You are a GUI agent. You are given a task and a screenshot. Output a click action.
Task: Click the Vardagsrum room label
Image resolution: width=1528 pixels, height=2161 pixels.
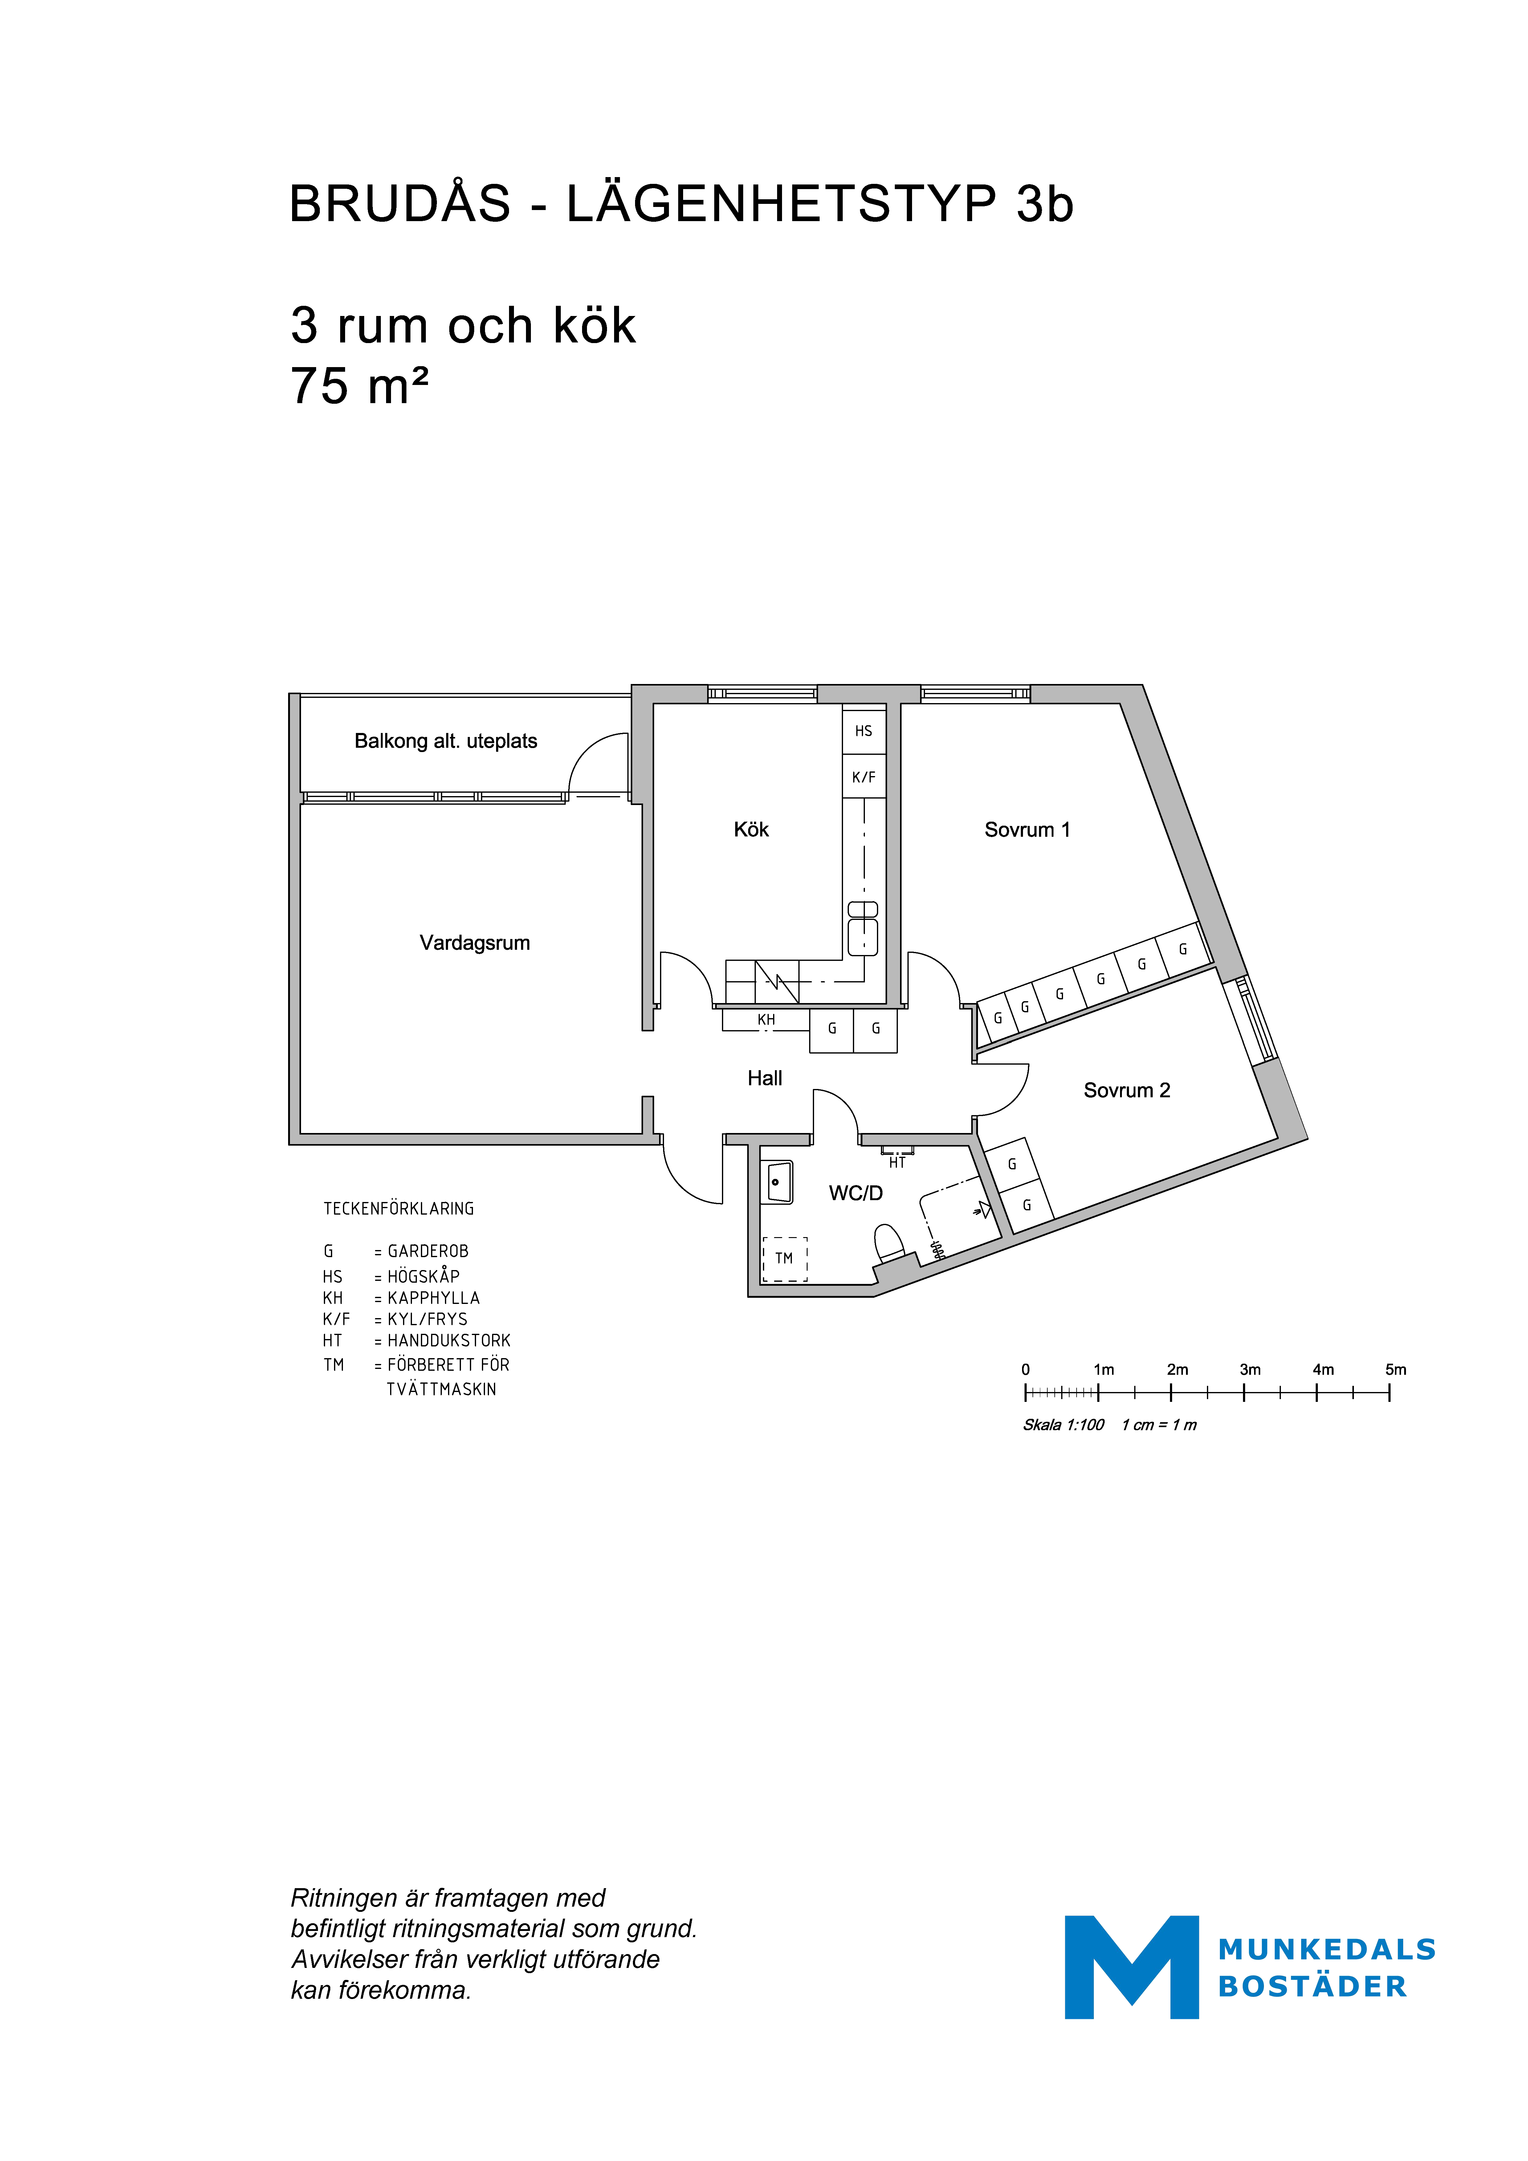click(475, 943)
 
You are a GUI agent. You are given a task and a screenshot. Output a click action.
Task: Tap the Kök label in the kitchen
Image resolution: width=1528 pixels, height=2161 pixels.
click(751, 829)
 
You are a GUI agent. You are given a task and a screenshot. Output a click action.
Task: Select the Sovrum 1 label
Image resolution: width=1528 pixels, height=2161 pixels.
click(1027, 829)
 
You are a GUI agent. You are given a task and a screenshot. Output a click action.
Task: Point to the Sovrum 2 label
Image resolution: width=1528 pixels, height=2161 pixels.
click(1127, 1090)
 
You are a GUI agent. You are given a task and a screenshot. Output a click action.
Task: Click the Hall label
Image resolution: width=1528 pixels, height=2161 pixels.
click(764, 1078)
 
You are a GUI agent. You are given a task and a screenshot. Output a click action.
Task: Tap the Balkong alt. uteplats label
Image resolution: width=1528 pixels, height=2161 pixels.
click(445, 741)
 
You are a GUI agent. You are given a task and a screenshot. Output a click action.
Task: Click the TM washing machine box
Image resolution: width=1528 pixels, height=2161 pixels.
click(784, 1258)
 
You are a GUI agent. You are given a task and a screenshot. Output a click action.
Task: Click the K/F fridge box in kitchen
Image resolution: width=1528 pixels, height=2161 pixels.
click(863, 776)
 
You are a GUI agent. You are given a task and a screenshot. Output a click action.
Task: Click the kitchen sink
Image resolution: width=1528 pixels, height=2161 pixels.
click(863, 928)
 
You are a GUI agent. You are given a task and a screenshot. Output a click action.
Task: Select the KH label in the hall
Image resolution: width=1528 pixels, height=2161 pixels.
click(766, 1019)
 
